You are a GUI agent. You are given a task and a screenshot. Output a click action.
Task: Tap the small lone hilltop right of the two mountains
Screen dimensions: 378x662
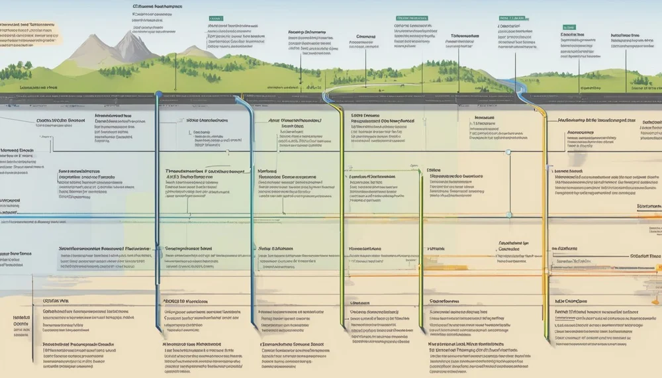coord(192,48)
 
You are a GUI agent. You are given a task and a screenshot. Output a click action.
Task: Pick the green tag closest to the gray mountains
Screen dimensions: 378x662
coord(215,19)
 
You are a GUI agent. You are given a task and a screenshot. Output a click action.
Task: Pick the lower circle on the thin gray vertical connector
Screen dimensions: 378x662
coord(508,214)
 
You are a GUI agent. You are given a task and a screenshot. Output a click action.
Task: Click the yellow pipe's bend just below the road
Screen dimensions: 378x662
coord(538,106)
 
